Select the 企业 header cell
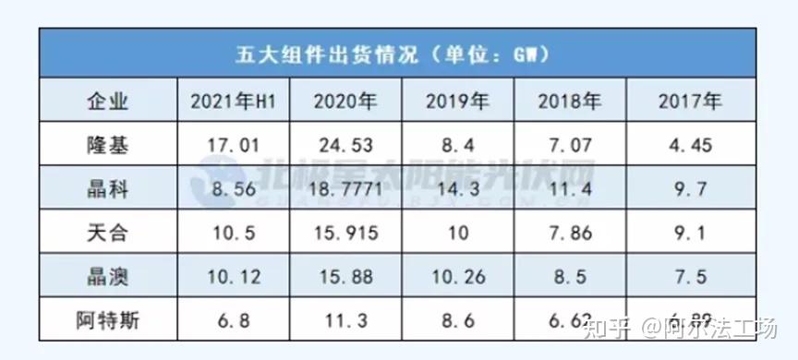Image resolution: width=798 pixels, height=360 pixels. pyautogui.click(x=106, y=100)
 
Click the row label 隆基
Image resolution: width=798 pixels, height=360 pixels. pyautogui.click(x=106, y=144)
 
